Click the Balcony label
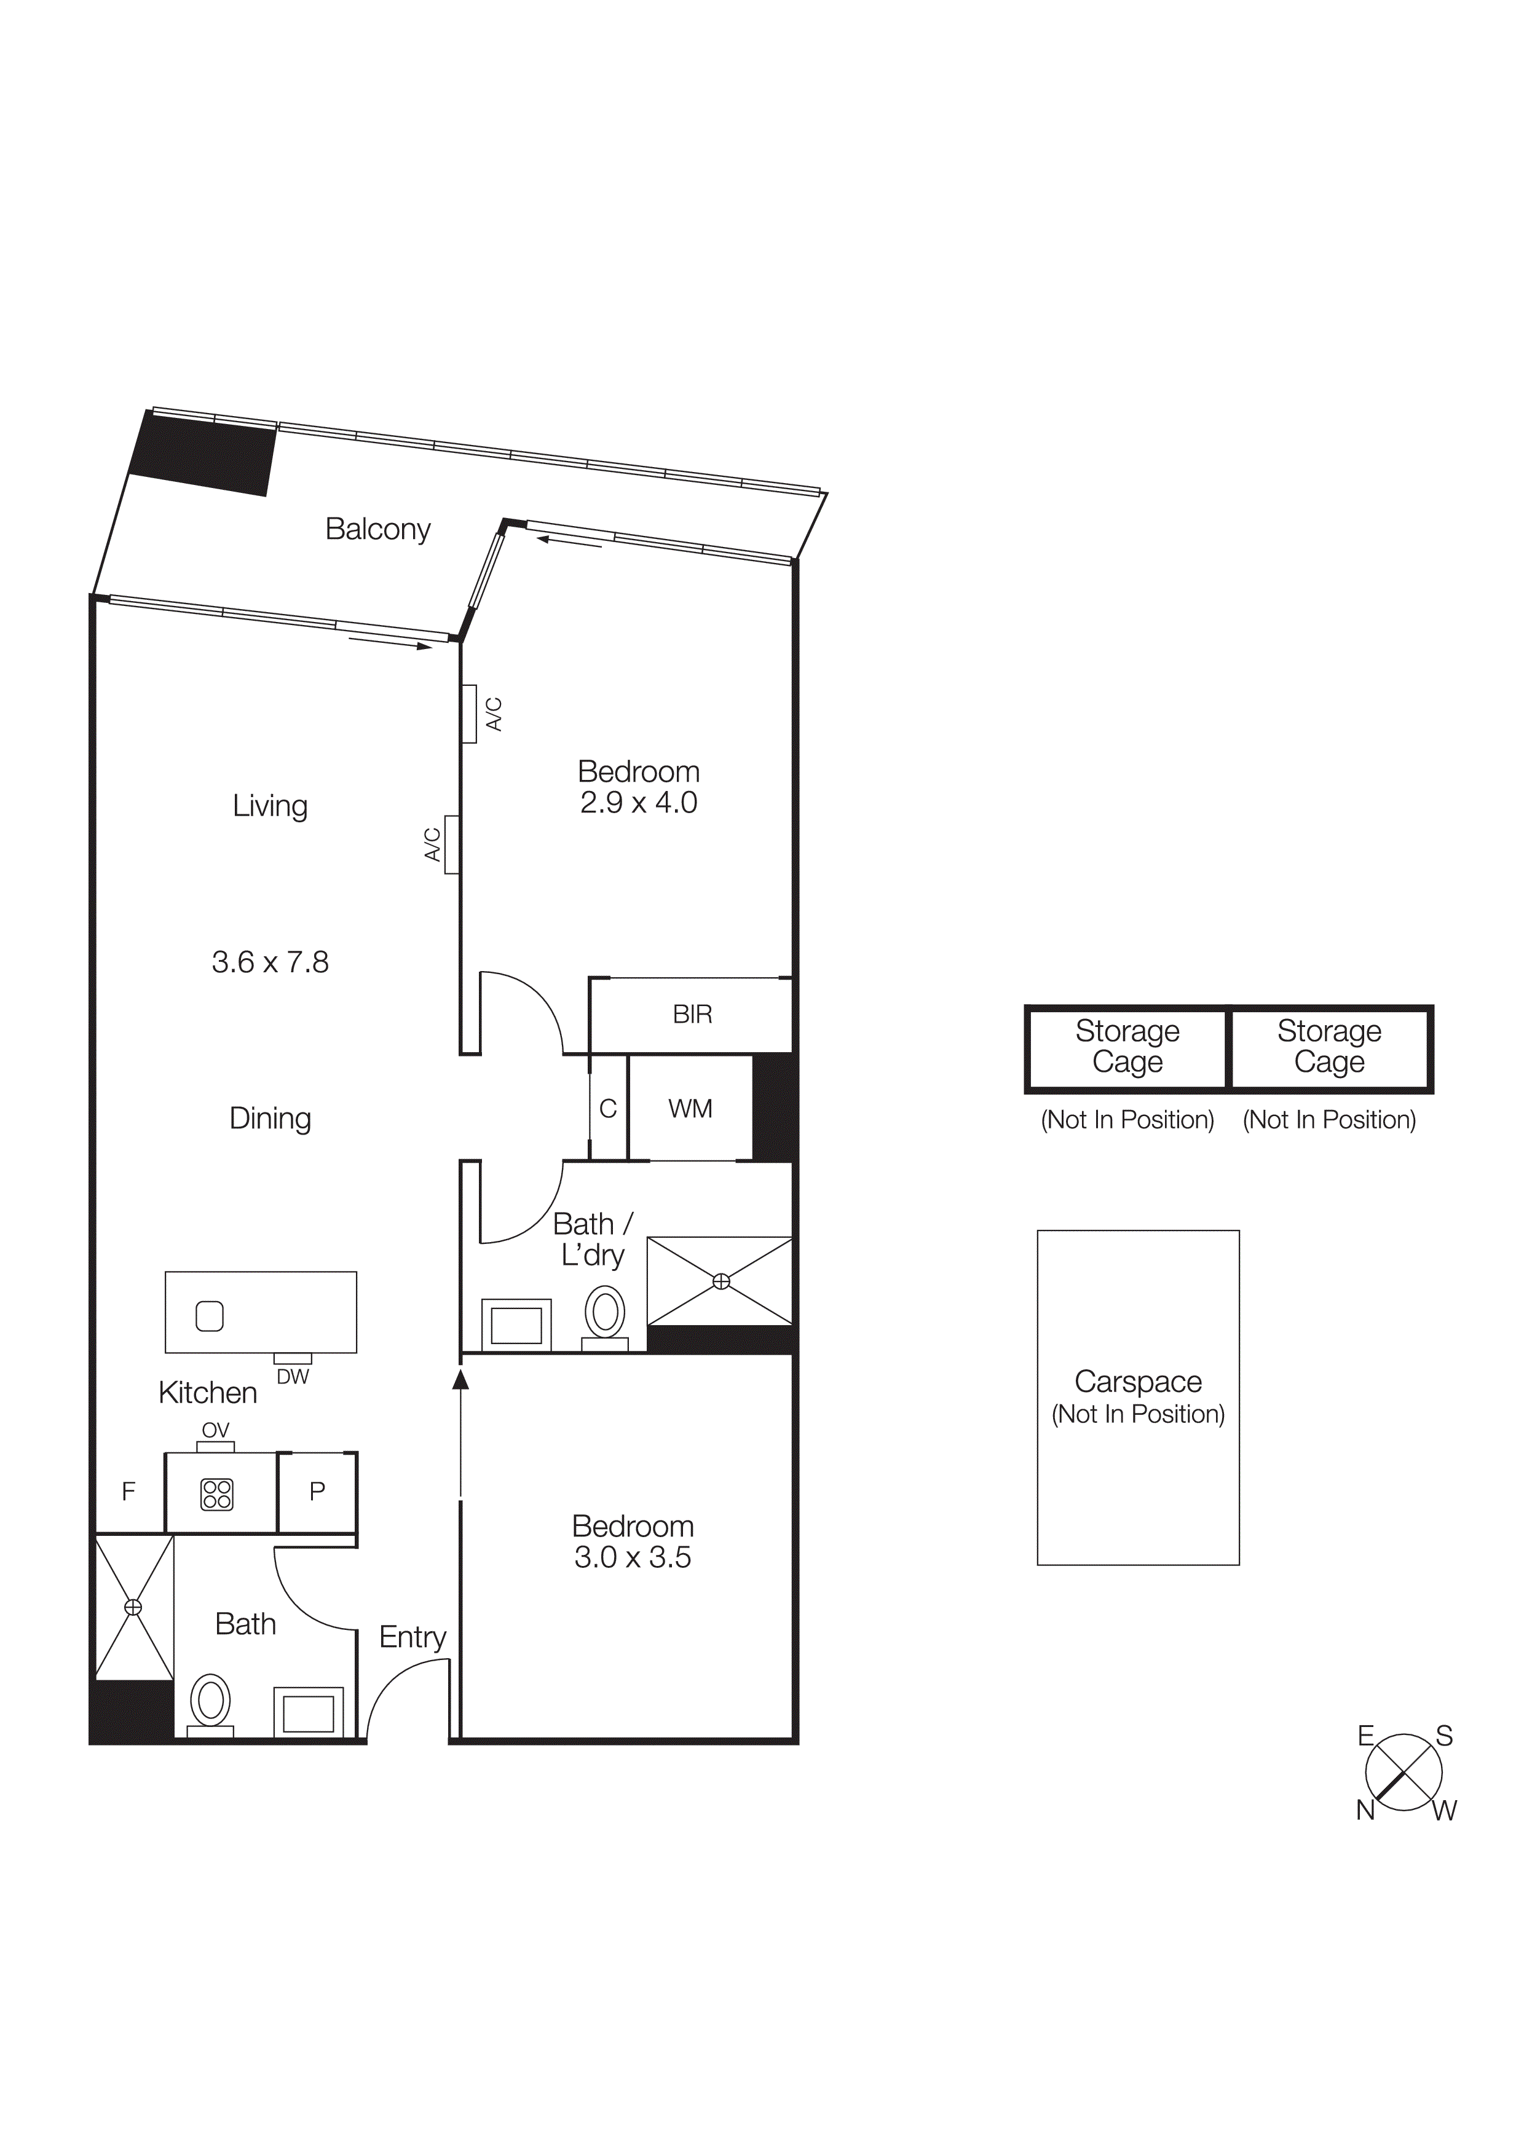click(377, 530)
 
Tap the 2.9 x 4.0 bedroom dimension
click(639, 803)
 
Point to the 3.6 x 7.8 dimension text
click(270, 962)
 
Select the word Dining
click(270, 1119)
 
